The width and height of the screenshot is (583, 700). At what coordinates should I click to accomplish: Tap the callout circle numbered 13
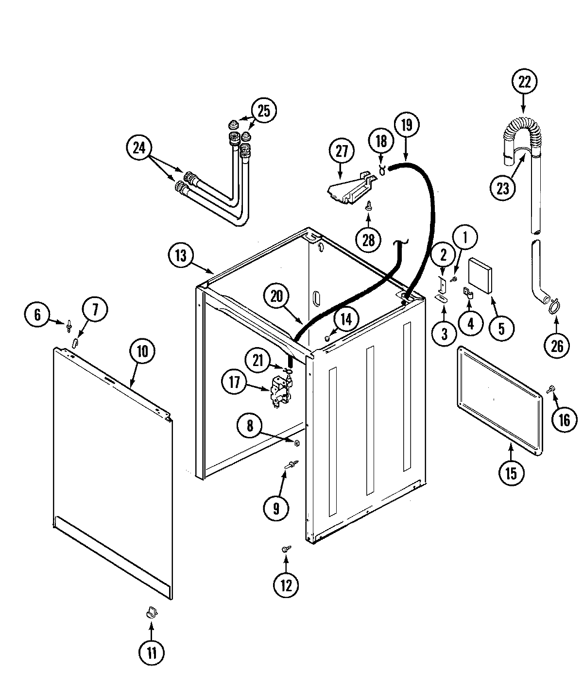pyautogui.click(x=181, y=256)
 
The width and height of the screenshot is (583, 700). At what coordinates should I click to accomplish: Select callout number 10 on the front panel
pyautogui.click(x=141, y=351)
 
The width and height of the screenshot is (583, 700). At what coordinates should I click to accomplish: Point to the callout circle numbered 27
pyautogui.click(x=342, y=151)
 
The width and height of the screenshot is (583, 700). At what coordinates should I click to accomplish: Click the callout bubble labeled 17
pyautogui.click(x=235, y=383)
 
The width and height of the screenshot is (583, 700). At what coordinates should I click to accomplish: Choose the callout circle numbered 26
pyautogui.click(x=557, y=346)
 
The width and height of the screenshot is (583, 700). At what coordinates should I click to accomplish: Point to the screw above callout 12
pyautogui.click(x=286, y=549)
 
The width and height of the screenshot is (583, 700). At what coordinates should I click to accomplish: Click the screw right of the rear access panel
pyautogui.click(x=552, y=388)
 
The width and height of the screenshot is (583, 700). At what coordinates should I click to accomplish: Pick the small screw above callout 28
pyautogui.click(x=369, y=206)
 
